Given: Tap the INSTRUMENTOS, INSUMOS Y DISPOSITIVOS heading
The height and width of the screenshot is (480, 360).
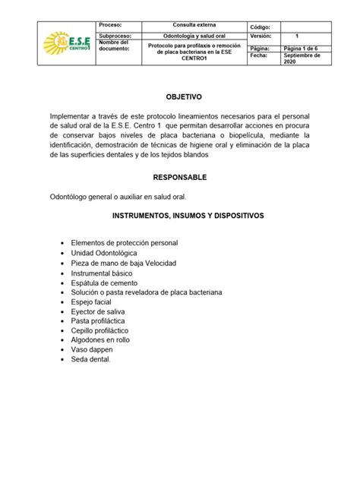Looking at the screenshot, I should point(188,216).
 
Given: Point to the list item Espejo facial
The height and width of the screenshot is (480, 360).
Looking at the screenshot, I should point(93,302).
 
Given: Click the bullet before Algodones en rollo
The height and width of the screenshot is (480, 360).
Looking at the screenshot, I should point(62,341).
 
